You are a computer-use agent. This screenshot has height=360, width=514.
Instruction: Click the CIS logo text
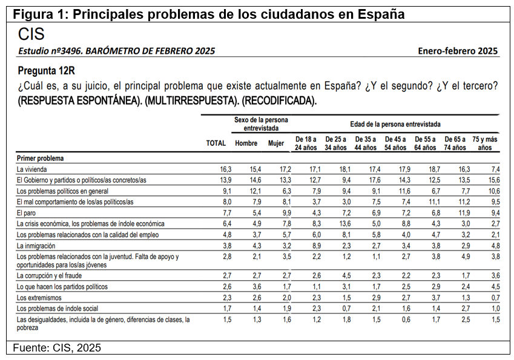[31, 34]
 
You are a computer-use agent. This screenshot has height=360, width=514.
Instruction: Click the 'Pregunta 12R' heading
[46, 70]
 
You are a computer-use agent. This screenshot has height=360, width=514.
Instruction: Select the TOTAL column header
[216, 143]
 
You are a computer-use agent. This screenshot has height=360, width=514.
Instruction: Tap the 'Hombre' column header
[246, 143]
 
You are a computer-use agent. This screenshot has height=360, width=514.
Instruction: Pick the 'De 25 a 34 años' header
[335, 143]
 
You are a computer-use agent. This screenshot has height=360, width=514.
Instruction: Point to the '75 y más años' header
[485, 143]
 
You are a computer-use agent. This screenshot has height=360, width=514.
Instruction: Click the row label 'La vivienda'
[32, 169]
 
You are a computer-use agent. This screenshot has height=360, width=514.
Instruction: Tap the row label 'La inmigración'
[36, 246]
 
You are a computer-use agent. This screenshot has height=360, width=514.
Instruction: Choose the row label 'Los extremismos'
[39, 298]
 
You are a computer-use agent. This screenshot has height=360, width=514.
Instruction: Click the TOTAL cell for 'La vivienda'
[226, 169]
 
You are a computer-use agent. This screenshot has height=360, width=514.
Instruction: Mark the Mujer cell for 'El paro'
[287, 213]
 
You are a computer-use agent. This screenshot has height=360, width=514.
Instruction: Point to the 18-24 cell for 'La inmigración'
[317, 246]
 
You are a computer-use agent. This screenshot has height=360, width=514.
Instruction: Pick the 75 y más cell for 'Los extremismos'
[496, 298]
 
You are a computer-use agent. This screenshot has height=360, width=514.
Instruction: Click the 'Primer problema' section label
[41, 159]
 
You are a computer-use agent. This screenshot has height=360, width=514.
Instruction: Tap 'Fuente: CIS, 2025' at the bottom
[57, 347]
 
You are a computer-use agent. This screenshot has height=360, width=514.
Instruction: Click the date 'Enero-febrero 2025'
[458, 51]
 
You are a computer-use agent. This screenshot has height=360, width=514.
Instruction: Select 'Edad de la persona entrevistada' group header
[395, 124]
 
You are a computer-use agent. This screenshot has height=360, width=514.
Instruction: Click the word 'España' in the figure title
[381, 15]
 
